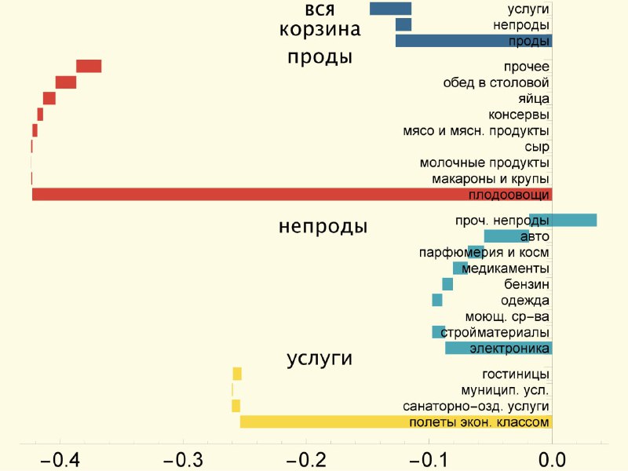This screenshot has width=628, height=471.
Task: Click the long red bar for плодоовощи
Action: point(292,194)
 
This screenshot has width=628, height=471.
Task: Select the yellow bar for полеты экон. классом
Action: point(396,422)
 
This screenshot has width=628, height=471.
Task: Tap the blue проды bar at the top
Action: point(474,41)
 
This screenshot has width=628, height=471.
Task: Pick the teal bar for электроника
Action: point(498,348)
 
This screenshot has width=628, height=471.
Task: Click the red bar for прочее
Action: point(89,66)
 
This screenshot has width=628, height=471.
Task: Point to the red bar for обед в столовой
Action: point(66,82)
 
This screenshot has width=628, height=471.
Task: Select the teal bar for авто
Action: point(506,236)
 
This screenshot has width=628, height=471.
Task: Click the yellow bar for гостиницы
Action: point(237,374)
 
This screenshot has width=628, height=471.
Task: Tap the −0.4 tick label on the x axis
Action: point(60,460)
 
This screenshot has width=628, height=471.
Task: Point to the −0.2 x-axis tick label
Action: point(306,460)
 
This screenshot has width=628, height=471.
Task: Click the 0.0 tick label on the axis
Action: point(553,460)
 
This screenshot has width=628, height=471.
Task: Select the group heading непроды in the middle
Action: point(323,226)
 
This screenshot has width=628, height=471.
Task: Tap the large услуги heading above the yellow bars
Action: point(319,359)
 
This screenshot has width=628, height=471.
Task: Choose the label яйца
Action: point(534,99)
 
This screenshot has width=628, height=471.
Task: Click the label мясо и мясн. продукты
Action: point(476,131)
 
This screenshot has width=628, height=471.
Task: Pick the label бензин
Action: point(526,284)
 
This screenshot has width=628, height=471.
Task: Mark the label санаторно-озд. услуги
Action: point(476,406)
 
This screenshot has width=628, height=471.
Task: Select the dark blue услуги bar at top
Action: point(390,9)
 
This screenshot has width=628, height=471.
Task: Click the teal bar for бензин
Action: point(447,284)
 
